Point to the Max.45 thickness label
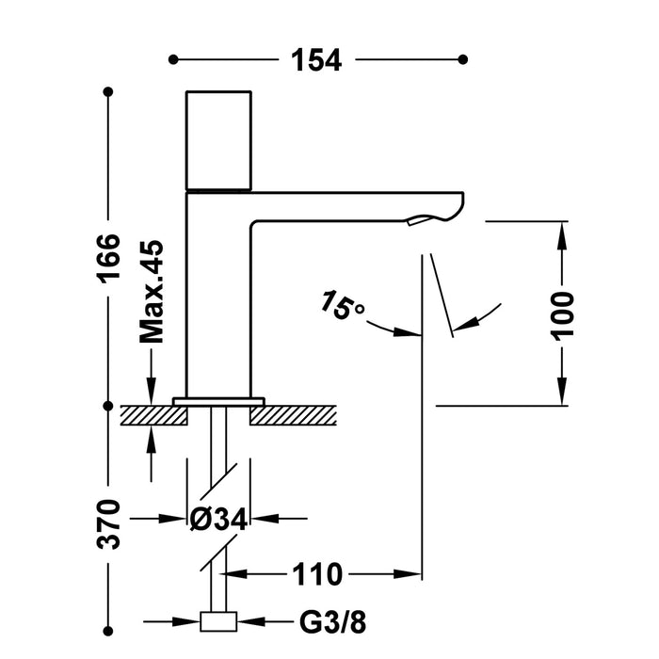point(151,290)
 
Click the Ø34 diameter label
point(218,518)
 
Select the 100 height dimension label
point(563,313)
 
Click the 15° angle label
point(341,306)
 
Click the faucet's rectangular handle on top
point(218,140)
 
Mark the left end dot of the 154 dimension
point(172,59)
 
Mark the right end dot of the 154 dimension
point(462,59)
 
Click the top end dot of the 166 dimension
point(108,92)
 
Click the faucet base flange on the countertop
point(218,401)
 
